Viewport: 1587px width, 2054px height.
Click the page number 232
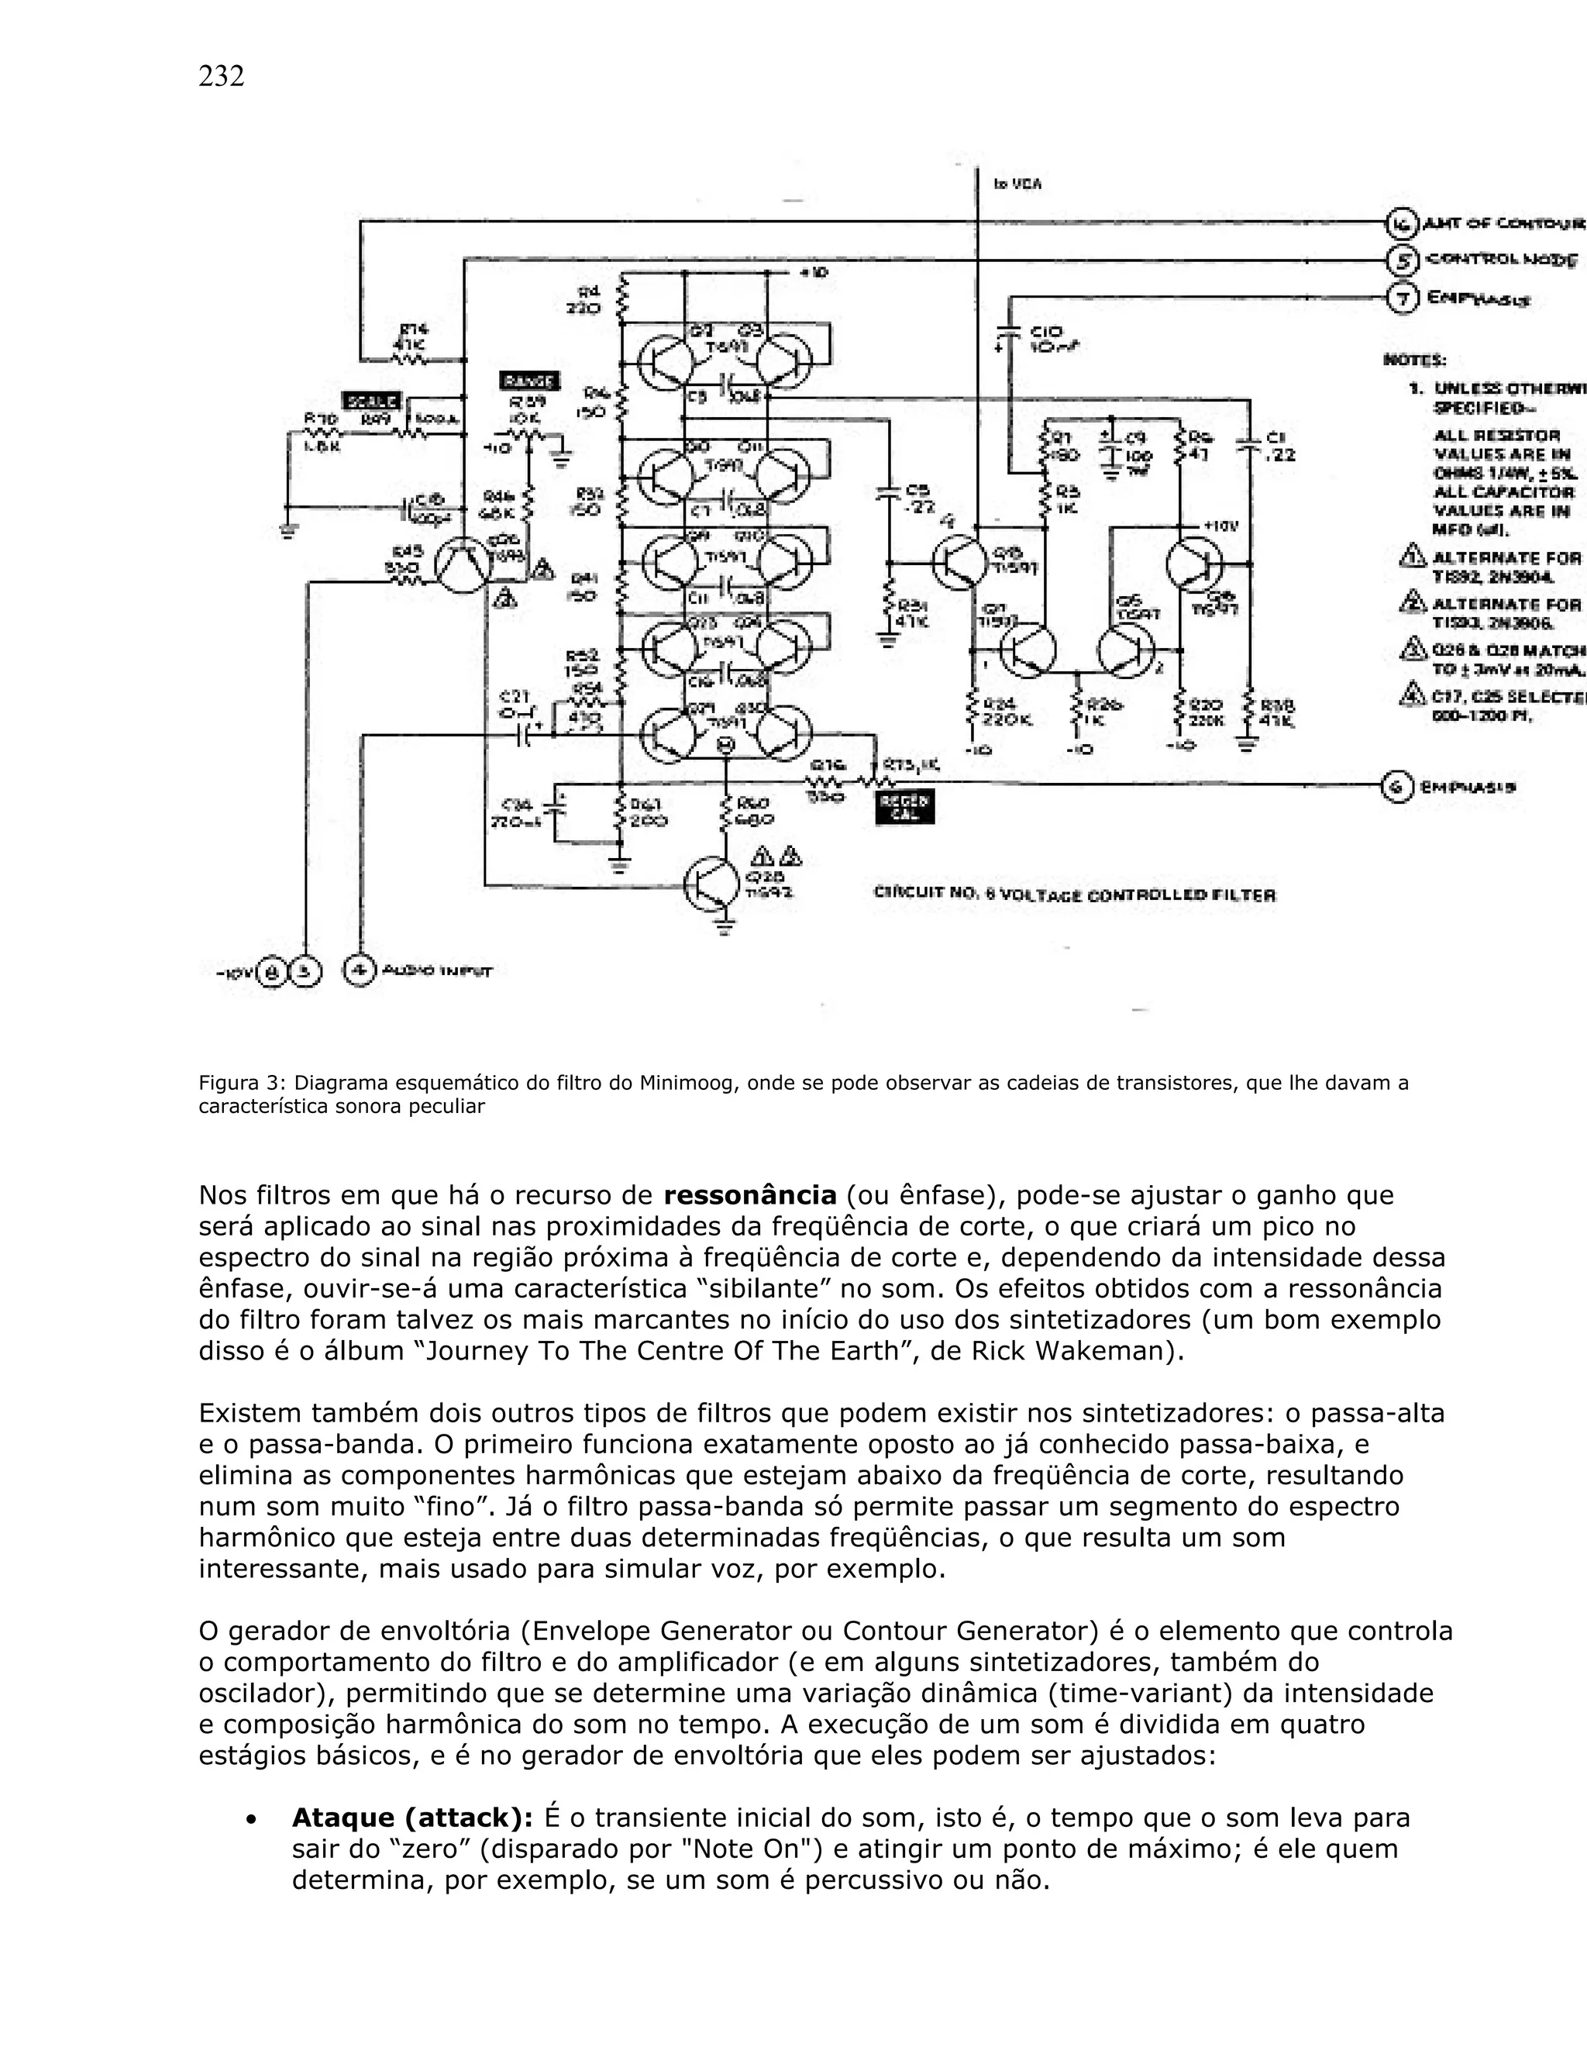click(221, 76)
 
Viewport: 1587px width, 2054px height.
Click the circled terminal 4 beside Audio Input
click(358, 970)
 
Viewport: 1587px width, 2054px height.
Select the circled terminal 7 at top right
click(1402, 298)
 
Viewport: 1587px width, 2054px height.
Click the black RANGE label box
click(529, 381)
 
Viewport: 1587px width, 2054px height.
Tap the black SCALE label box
click(371, 400)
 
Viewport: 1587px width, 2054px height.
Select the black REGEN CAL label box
click(904, 807)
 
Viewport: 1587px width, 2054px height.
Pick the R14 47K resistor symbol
click(413, 358)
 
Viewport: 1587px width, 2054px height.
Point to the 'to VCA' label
click(1017, 185)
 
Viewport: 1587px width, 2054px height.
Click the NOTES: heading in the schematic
click(1414, 360)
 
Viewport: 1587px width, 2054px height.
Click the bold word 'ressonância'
click(749, 1195)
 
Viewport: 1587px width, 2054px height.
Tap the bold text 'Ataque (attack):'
click(413, 1818)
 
